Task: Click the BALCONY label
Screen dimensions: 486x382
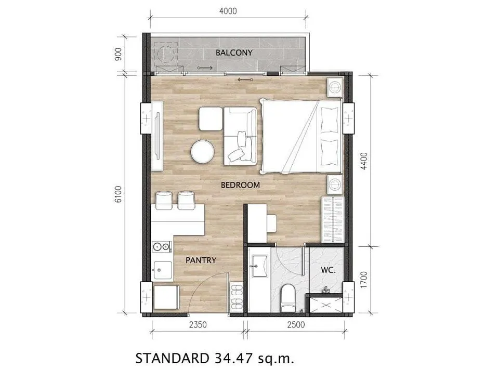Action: click(234, 52)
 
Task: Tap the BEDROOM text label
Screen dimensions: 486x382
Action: click(240, 185)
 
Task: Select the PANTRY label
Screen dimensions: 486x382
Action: click(201, 260)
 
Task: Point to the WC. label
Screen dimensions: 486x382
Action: click(328, 270)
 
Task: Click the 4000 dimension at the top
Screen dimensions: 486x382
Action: click(228, 11)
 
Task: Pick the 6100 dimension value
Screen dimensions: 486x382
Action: click(118, 194)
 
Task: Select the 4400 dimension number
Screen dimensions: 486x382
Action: click(364, 161)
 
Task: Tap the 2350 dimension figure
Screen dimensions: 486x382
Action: click(198, 325)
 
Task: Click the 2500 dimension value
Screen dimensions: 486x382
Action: click(296, 325)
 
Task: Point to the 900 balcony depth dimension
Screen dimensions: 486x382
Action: click(118, 54)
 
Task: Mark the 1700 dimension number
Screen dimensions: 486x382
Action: click(364, 280)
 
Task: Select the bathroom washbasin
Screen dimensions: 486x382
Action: click(260, 266)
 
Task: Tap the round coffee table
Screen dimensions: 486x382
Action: click(202, 151)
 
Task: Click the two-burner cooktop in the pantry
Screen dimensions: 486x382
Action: click(162, 247)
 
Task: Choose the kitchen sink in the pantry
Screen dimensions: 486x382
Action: click(163, 271)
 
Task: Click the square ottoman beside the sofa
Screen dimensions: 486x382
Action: click(211, 118)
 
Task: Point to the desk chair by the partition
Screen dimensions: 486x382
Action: click(271, 223)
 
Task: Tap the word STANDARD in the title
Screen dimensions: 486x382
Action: click(173, 359)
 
